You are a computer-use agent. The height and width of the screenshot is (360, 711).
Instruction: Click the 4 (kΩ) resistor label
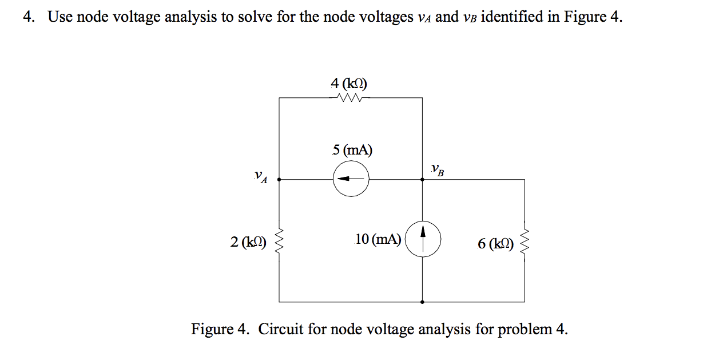pos(349,84)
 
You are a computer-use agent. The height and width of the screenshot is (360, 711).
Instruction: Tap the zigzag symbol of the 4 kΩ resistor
pos(349,98)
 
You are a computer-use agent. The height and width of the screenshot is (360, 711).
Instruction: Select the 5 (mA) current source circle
pos(351,179)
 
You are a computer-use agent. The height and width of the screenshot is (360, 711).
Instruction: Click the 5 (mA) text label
pos(352,151)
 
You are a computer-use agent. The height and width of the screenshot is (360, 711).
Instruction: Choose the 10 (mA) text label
pos(378,239)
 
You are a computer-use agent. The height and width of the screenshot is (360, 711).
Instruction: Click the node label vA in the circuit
pos(261,177)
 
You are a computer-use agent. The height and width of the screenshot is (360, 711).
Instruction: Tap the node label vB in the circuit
pos(438,169)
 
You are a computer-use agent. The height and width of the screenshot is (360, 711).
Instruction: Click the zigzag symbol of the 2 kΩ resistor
pos(279,242)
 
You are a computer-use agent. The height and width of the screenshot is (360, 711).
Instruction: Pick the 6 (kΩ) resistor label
pos(495,244)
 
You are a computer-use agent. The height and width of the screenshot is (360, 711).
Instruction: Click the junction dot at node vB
pos(423,179)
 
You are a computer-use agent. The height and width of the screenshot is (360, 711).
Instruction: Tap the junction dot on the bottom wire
pos(423,302)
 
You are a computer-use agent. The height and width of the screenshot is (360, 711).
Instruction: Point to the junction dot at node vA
pos(279,179)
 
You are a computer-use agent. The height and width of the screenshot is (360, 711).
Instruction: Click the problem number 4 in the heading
pos(27,17)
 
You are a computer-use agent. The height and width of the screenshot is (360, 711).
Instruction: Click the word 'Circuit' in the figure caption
pos(281,330)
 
